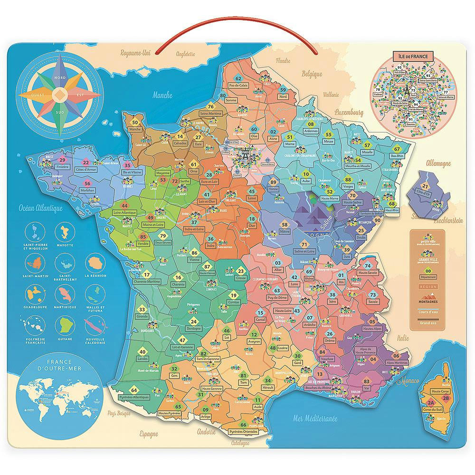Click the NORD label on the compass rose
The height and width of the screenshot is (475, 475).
pyautogui.click(x=60, y=77)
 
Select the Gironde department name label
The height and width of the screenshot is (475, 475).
pyautogui.click(x=142, y=316)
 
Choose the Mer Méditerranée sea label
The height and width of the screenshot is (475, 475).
pyautogui.click(x=315, y=418)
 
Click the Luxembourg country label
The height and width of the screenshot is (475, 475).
pyautogui.click(x=348, y=113)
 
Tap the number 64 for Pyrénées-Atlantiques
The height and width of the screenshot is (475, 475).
pyautogui.click(x=134, y=389)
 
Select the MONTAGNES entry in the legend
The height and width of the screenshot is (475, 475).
pyautogui.click(x=427, y=301)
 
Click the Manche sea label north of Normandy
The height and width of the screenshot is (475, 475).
pyautogui.click(x=162, y=95)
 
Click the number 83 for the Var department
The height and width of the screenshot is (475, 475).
pyautogui.click(x=366, y=382)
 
